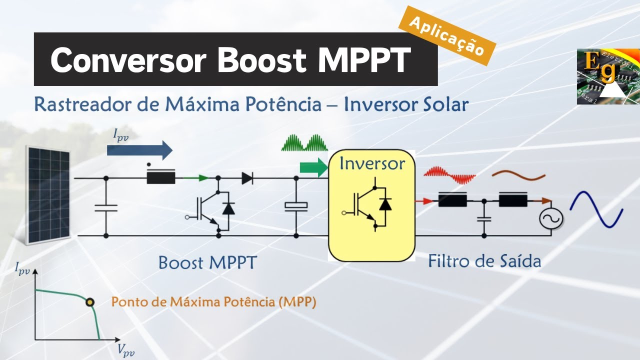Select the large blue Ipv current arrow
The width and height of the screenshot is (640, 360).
coord(139,149)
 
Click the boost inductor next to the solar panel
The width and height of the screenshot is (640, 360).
coord(161,177)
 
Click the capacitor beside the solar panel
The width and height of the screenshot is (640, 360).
coord(106,207)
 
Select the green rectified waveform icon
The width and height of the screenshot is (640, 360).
coord(304,143)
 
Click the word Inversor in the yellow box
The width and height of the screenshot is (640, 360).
coord(371,163)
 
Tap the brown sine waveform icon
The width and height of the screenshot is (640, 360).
coord(518,175)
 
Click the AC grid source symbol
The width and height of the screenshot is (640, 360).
coord(550,217)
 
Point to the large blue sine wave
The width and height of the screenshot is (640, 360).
coord(596,209)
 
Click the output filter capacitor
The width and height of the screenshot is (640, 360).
coord(483,218)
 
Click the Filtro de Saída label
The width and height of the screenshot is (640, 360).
coord(484,261)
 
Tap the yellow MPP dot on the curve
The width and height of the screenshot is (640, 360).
coord(90,302)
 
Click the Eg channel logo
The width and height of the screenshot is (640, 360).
coord(608,76)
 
